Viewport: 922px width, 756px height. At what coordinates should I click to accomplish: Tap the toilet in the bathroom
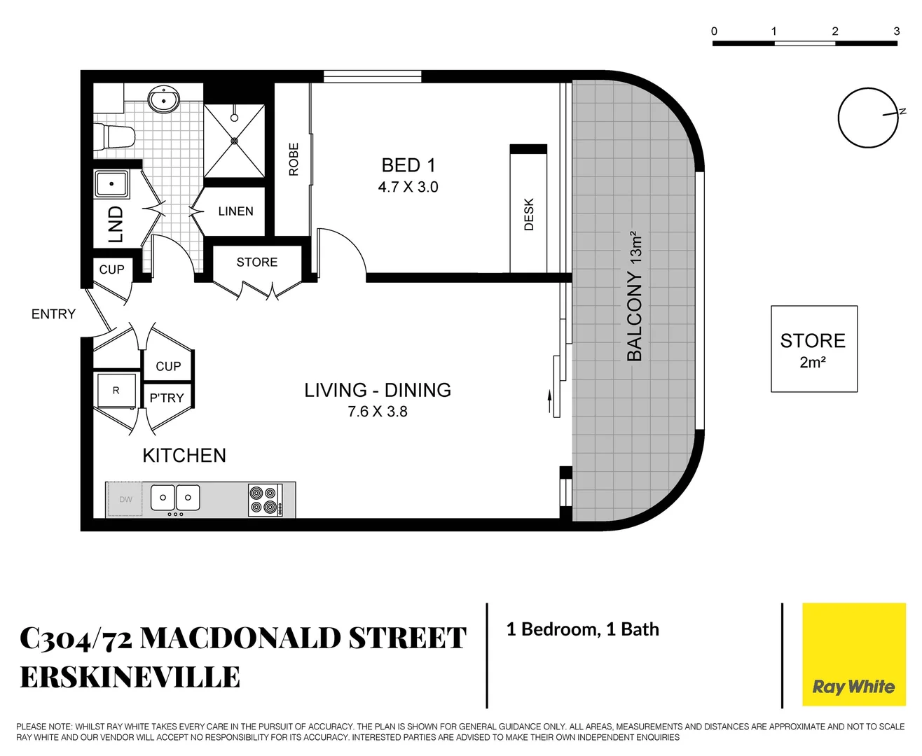[x=116, y=136]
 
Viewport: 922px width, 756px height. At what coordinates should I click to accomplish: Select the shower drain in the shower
[x=234, y=141]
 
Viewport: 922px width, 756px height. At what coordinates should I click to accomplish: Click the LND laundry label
[x=116, y=224]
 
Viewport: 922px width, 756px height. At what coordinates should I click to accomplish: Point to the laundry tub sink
[x=111, y=184]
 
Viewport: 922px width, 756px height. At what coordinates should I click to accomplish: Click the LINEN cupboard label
[x=235, y=211]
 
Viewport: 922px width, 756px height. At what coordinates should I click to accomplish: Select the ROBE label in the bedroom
[x=294, y=160]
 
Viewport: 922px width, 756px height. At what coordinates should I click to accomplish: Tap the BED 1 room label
[x=408, y=165]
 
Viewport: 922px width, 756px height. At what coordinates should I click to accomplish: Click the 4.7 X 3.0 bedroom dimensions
[x=408, y=187]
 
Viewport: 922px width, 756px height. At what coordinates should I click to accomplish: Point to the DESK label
[x=529, y=214]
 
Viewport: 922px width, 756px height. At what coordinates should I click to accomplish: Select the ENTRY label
[x=53, y=314]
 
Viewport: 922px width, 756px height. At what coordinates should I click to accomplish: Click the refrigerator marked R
[x=116, y=391]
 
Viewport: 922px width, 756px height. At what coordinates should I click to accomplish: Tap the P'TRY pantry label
[x=167, y=398]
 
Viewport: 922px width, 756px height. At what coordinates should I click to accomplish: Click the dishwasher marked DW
[x=125, y=499]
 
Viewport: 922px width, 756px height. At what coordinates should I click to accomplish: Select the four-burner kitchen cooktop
[x=265, y=500]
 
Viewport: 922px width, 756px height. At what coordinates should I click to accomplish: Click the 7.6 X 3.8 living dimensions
[x=377, y=412]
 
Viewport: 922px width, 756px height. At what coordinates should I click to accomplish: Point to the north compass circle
[x=868, y=118]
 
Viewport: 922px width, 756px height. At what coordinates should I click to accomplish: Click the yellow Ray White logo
[x=853, y=654]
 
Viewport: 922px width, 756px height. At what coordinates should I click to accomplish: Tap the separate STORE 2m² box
[x=813, y=349]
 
